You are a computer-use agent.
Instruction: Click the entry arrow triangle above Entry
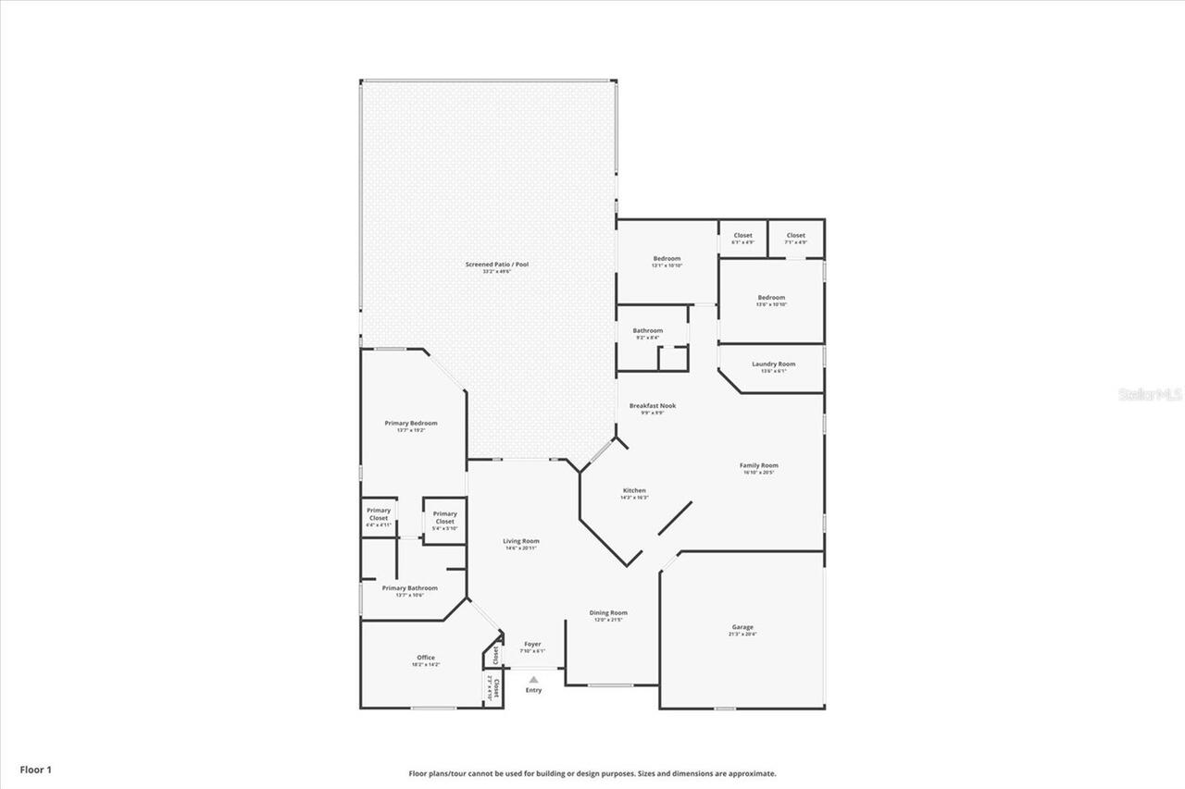pos(533,680)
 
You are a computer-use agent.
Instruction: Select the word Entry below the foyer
pos(533,691)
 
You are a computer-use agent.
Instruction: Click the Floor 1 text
pos(36,769)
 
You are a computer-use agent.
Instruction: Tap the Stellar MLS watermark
pos(1150,394)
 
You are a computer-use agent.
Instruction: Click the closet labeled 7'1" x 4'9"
pos(795,238)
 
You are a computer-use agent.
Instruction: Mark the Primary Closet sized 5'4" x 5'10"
pos(444,517)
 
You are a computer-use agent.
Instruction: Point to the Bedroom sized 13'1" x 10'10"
pos(667,261)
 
